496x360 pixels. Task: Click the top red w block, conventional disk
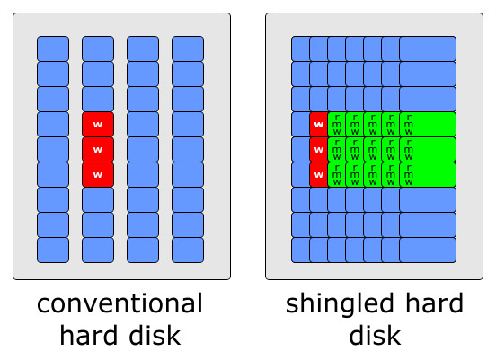98,124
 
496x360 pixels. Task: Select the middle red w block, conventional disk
98,149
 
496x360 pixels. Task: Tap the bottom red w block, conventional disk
98,174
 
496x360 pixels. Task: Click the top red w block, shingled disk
318,124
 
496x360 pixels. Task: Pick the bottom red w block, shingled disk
318,174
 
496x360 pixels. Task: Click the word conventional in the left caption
120,303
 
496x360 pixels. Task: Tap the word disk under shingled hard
375,336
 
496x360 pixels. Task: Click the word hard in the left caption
91,336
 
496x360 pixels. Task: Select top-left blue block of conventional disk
53,48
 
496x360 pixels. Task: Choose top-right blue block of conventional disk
188,48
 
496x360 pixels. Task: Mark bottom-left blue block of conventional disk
53,250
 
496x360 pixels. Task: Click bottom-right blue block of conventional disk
188,250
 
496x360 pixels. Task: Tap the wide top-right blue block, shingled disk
428,48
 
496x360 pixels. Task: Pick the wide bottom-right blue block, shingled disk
428,250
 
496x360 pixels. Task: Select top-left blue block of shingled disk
300,48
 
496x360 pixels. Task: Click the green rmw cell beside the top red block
336,124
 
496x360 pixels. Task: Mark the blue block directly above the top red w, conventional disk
98,99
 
